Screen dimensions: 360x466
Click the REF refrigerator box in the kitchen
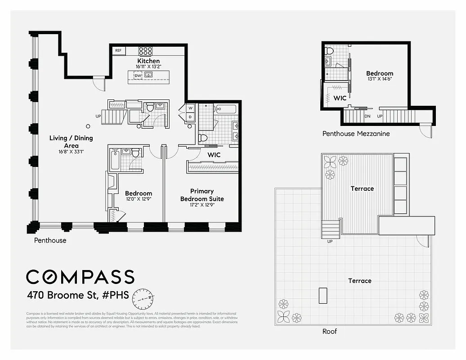[x=118, y=51]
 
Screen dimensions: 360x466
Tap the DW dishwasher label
[x=138, y=76]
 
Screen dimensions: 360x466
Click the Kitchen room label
[x=148, y=61]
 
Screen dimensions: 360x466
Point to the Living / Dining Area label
[x=71, y=142]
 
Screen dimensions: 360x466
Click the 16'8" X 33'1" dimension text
[x=71, y=152]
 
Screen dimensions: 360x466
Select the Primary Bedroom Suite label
[x=202, y=195]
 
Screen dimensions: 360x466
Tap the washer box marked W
[x=190, y=108]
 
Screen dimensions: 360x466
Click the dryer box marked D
[x=190, y=117]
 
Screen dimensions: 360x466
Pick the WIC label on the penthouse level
[x=214, y=155]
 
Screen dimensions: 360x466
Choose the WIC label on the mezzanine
[x=340, y=98]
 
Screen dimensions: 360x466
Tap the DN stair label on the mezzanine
[x=367, y=116]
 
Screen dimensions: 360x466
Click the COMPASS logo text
[x=80, y=277]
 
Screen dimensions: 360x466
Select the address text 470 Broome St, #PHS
[x=78, y=296]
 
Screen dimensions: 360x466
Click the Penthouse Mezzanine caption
[x=356, y=134]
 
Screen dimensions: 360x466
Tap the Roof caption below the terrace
[x=329, y=332]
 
